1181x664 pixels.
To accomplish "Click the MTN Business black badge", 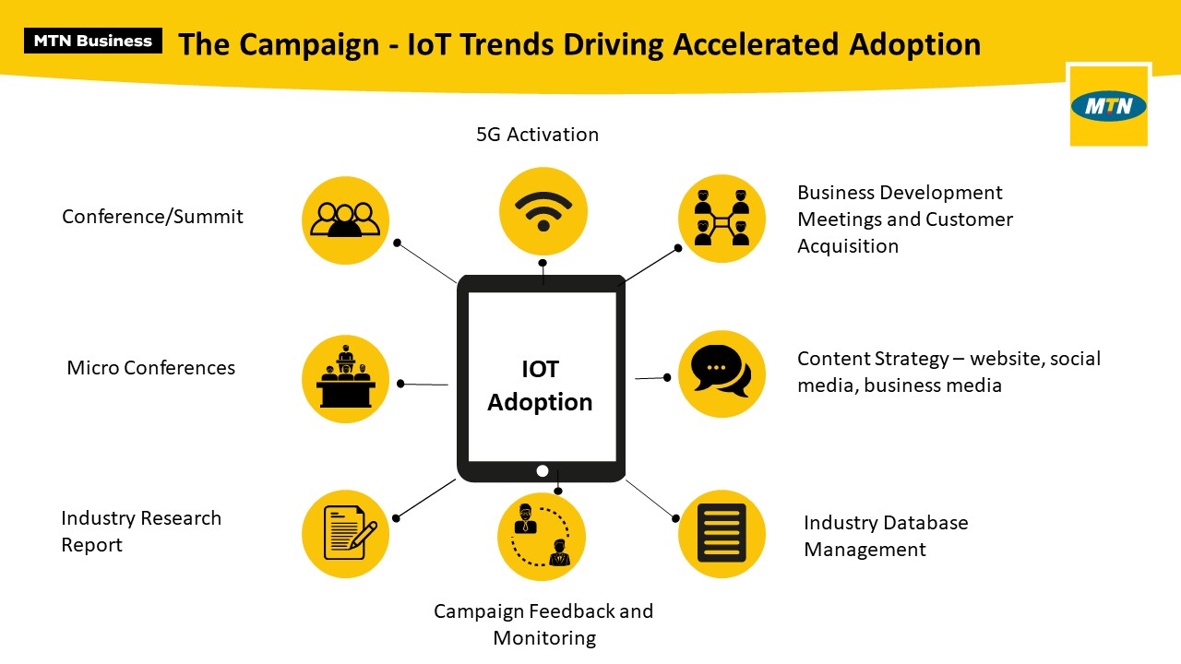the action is click(93, 41).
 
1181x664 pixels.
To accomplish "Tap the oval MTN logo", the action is click(1109, 106).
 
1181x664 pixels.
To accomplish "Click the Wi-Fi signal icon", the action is click(543, 211).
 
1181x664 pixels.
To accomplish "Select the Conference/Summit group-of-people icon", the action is click(345, 219).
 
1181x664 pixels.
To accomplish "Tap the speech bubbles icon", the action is click(721, 372).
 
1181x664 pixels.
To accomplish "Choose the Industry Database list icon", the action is click(722, 533).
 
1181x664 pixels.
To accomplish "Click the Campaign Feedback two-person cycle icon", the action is click(541, 535).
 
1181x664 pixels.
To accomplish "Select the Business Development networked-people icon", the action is click(722, 218).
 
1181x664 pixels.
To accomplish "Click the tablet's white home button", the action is click(542, 471).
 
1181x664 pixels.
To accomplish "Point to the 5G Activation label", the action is click(537, 135).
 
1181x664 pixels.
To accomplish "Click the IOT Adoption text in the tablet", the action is click(540, 385).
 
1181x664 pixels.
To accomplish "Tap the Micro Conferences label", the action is click(150, 368).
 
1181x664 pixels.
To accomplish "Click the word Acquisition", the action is click(848, 246).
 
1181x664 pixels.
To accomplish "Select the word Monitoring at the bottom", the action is click(544, 638).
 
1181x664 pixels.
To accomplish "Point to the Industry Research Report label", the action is click(141, 531).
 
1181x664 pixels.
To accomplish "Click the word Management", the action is click(865, 550).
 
